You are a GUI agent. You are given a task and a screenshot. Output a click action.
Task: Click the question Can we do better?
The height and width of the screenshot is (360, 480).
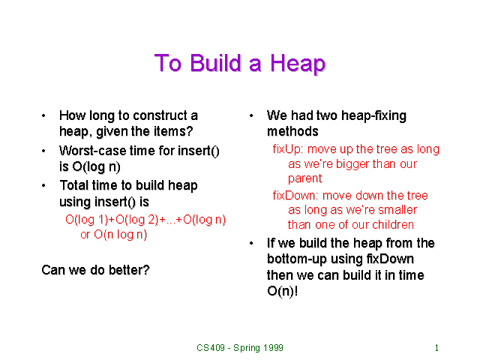tap(95, 269)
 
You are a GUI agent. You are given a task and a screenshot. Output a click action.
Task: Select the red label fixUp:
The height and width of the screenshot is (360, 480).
tap(289, 149)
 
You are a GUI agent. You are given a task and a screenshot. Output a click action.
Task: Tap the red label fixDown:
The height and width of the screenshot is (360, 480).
tap(296, 196)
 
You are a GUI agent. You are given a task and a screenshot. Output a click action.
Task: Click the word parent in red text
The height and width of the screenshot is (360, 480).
tap(305, 178)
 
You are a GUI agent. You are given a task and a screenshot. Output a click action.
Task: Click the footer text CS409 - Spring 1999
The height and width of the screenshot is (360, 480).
tap(240, 348)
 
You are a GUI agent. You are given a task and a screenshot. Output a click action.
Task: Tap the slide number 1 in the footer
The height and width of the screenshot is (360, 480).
tap(436, 348)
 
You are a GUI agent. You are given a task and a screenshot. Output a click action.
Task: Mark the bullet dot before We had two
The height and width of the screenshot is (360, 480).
tap(251, 116)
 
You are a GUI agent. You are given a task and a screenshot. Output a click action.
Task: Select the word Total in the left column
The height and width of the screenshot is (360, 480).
tap(75, 186)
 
